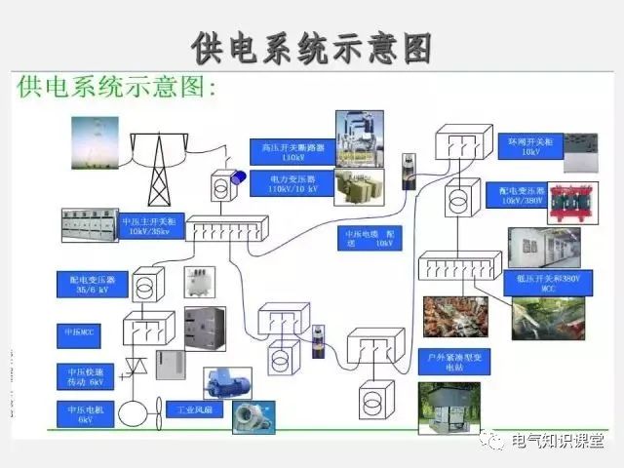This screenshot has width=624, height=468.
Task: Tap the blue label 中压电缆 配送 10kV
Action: tap(370, 239)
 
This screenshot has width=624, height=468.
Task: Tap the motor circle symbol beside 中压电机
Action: tap(132, 412)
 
